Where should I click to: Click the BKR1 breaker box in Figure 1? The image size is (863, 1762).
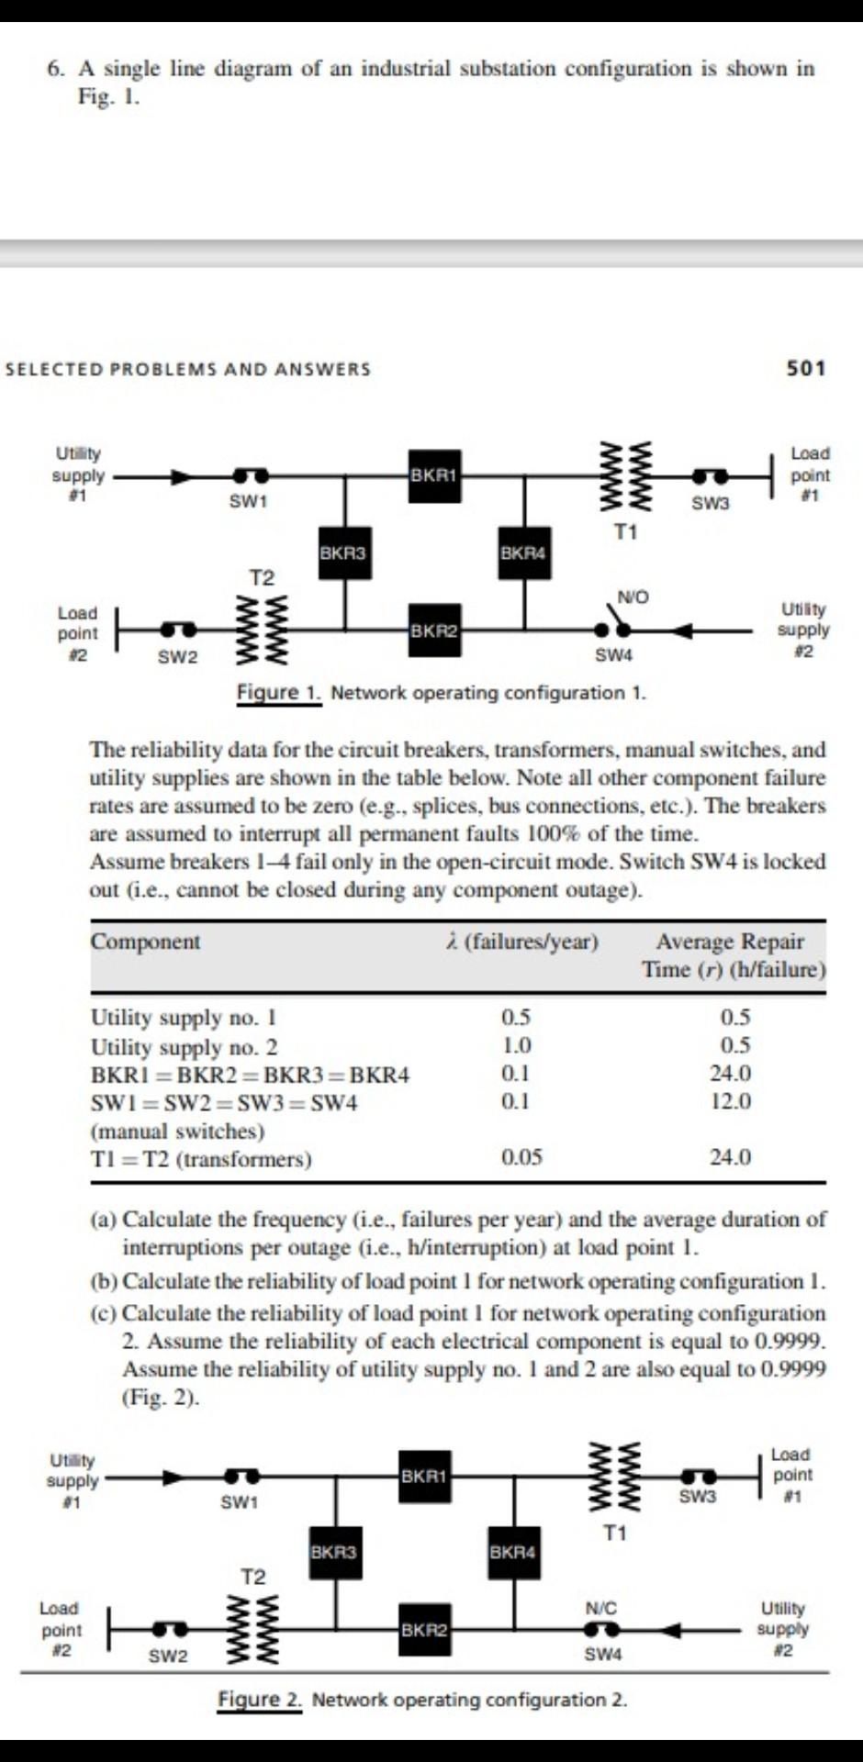coord(435,475)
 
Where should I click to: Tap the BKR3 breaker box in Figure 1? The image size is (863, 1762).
coord(344,552)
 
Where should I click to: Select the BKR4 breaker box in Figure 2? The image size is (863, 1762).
coord(512,1552)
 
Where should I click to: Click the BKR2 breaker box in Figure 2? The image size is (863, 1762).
coord(424,1629)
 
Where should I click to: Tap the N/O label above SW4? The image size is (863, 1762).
coord(633,597)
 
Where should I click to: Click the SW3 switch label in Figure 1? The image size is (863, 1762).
coord(711,503)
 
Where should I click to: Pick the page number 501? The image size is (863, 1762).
coord(806,368)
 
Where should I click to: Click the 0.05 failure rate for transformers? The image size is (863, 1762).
coord(521,1157)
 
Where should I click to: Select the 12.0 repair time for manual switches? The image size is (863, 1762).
coord(730,1101)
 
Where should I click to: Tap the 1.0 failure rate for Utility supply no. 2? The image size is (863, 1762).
coord(516,1045)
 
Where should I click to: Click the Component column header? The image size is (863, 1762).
coord(145,942)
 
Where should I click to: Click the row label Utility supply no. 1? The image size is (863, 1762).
coord(184,1017)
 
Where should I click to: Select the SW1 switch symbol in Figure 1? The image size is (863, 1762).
coord(250,475)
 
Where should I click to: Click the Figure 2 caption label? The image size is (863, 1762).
coord(259,1700)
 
